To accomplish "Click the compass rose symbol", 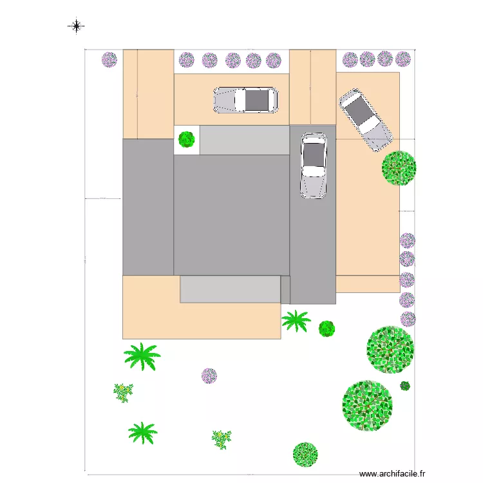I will tap(76, 26).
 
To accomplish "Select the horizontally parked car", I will tap(245, 100).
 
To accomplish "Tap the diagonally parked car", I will tap(365, 120).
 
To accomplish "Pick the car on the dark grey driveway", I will tap(314, 166).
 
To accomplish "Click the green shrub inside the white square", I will tap(187, 138).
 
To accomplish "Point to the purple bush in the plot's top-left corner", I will tap(109, 60).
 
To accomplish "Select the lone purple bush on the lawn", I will tap(209, 375).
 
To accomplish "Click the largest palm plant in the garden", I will tap(142, 356).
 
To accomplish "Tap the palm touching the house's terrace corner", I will tap(296, 320).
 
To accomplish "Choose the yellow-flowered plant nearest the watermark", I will tap(222, 439).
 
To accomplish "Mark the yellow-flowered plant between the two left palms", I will tap(123, 392).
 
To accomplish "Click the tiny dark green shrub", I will tap(405, 386).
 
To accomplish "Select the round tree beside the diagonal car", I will tap(399, 168).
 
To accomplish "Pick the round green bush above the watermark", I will tap(305, 454).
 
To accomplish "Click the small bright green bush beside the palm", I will tap(327, 328).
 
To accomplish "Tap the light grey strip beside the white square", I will tap(245, 140).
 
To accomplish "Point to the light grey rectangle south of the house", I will tap(230, 289).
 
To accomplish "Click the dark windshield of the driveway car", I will tap(314, 155).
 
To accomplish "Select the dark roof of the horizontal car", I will tap(258, 100).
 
